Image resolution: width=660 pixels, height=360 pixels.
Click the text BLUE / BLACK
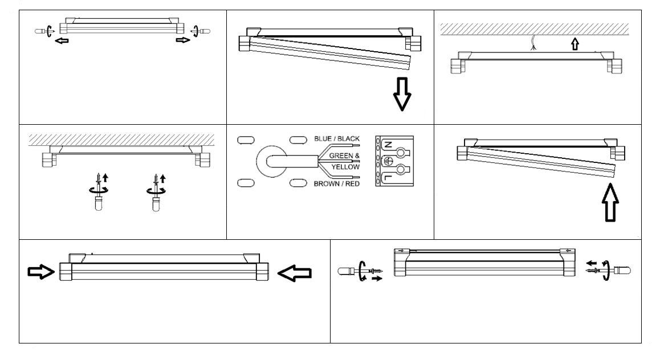[x=336, y=138]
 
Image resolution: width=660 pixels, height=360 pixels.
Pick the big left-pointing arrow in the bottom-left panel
[x=295, y=275]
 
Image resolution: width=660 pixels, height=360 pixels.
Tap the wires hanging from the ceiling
[x=533, y=42]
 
